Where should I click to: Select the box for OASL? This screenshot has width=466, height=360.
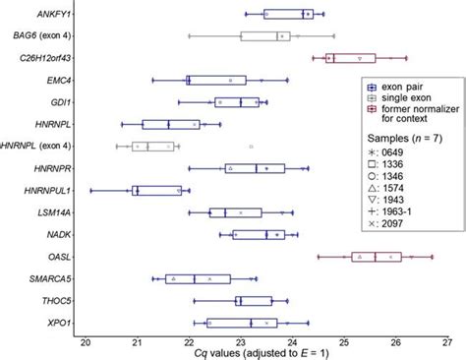click(377, 257)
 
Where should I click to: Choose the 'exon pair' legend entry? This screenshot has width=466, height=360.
click(397, 87)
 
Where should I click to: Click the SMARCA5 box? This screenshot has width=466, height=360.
click(198, 278)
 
